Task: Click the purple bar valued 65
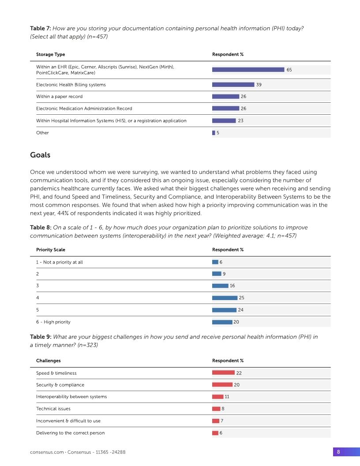pyautogui.click(x=248, y=70)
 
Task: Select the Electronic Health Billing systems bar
pyautogui.click(x=233, y=85)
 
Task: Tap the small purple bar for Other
pyautogui.click(x=214, y=133)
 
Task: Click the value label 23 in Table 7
pyautogui.click(x=240, y=120)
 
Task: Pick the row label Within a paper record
pyautogui.click(x=59, y=97)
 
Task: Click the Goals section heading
pyautogui.click(x=40, y=155)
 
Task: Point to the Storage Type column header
pyautogui.click(x=50, y=55)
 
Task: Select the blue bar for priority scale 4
pyautogui.click(x=225, y=298)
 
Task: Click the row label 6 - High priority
pyautogui.click(x=53, y=322)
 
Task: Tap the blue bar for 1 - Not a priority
pyautogui.click(x=215, y=262)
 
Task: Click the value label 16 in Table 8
pyautogui.click(x=232, y=286)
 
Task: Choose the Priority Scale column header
pyautogui.click(x=50, y=250)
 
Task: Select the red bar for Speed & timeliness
pyautogui.click(x=223, y=373)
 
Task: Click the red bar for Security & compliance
pyautogui.click(x=222, y=385)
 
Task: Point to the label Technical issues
pyautogui.click(x=53, y=409)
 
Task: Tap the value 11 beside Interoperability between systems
pyautogui.click(x=227, y=397)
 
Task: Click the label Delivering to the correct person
pyautogui.click(x=70, y=433)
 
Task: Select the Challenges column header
pyautogui.click(x=48, y=361)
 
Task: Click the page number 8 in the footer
pyautogui.click(x=338, y=452)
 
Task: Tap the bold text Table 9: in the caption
pyautogui.click(x=41, y=337)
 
